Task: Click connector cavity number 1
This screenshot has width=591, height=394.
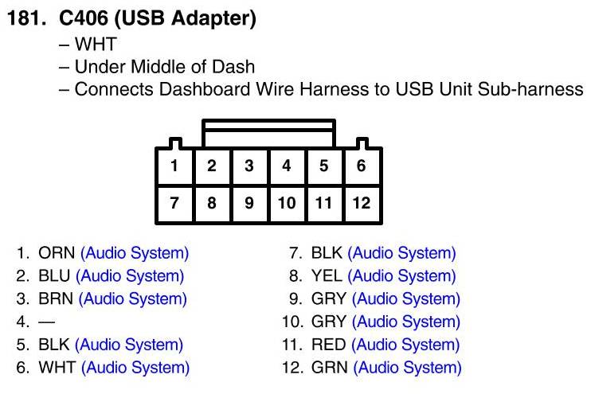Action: (174, 166)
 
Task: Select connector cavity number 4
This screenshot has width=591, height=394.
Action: (286, 166)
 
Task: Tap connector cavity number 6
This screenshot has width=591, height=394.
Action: (362, 166)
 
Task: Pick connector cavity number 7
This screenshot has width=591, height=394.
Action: (174, 203)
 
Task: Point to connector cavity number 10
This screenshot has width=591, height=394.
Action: (286, 203)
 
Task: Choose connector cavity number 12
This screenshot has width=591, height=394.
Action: (362, 203)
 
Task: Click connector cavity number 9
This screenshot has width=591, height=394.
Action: (249, 203)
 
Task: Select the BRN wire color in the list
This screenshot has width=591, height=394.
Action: (56, 299)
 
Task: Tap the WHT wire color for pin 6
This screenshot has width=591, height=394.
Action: (57, 368)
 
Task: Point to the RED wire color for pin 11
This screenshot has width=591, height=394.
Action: (328, 345)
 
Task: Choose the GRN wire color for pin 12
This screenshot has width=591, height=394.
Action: (329, 368)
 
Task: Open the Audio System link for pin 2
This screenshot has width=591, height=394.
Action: (130, 277)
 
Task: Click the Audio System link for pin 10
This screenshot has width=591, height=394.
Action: (406, 322)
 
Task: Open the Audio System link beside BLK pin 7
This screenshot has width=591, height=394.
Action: (402, 254)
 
